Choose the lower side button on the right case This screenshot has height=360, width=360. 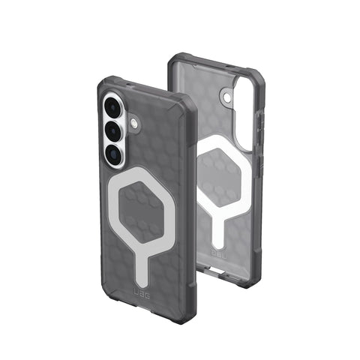coord(259,165)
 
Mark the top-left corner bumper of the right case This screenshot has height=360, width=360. coord(175,60)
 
